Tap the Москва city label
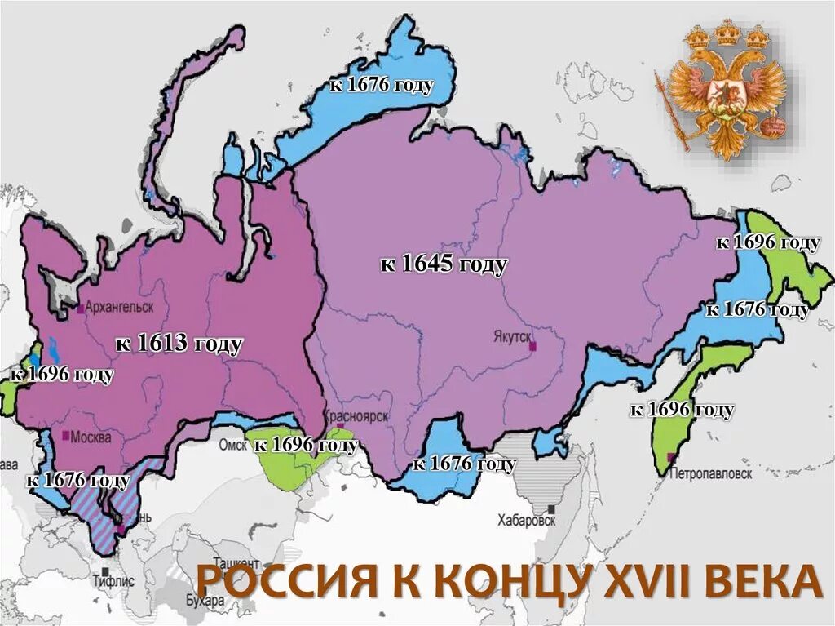coord(91,437)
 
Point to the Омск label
coord(232,445)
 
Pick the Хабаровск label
coord(527,520)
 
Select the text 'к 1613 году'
coord(179,344)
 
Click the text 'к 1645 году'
coord(444,264)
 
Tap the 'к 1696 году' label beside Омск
coord(306,446)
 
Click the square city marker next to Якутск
coord(532,346)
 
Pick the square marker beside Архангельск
coord(80,309)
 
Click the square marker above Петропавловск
coord(672,457)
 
